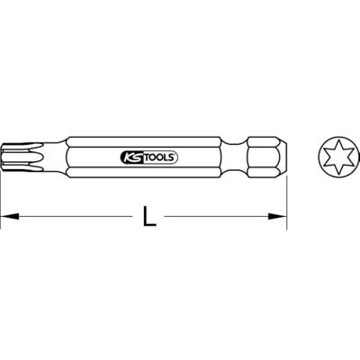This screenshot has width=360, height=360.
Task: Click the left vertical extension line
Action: pos(2,193)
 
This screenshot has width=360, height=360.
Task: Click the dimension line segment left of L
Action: pos(72,216)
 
